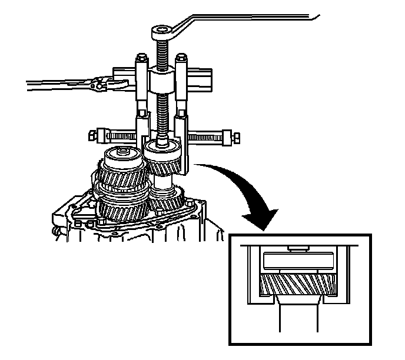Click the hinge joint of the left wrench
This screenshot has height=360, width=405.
[104, 84]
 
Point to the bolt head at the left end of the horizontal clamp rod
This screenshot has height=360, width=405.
[92, 135]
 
